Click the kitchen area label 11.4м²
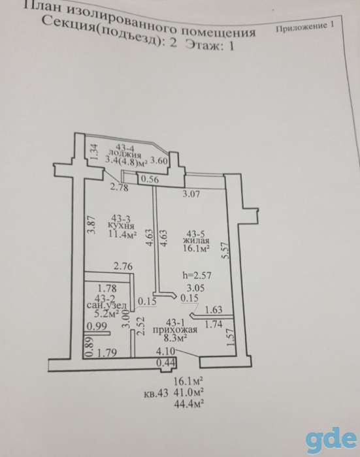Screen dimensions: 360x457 pyautogui.click(x=123, y=234)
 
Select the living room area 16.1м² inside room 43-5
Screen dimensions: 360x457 pyautogui.click(x=197, y=248)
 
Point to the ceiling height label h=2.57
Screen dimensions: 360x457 pyautogui.click(x=197, y=275)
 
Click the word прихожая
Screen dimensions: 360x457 pyautogui.click(x=175, y=330)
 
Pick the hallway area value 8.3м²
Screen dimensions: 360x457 pyautogui.click(x=175, y=338)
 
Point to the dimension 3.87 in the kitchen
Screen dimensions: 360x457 pyautogui.click(x=91, y=224)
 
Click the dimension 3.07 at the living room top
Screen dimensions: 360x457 pyautogui.click(x=191, y=194)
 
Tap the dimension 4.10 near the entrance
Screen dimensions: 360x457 pyautogui.click(x=165, y=351)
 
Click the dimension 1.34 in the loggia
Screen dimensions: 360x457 pyautogui.click(x=93, y=151)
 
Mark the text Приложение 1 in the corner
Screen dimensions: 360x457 pyautogui.click(x=304, y=27)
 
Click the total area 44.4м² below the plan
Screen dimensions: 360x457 pyautogui.click(x=188, y=403)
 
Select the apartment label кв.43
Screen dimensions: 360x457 pyautogui.click(x=156, y=394)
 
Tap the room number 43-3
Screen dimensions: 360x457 pyautogui.click(x=121, y=218)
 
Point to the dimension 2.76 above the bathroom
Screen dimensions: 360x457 pyautogui.click(x=123, y=266)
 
